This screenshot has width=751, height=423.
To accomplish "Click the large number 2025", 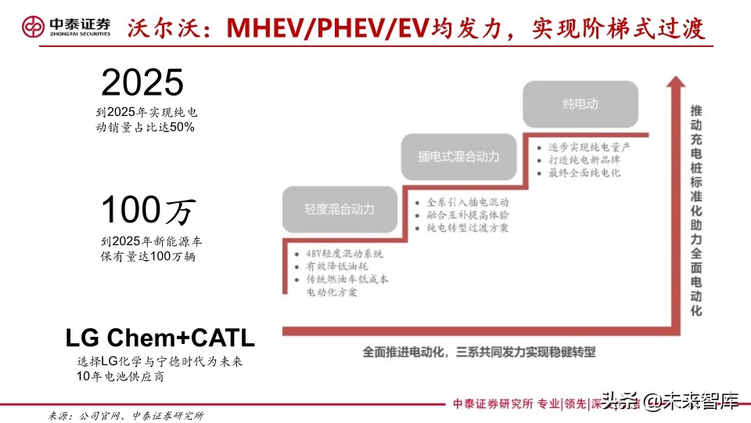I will point(142,82).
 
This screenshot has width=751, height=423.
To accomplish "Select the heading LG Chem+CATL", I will point(160,338).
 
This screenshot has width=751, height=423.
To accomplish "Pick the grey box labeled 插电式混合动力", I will point(458,156).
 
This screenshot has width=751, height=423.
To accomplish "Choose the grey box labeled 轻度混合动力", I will point(339,209).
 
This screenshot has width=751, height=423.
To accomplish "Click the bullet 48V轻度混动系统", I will point(339,255).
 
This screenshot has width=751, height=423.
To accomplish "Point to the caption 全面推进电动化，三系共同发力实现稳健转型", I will point(480,352).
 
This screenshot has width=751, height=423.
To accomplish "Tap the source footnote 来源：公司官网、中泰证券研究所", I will point(126,414).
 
